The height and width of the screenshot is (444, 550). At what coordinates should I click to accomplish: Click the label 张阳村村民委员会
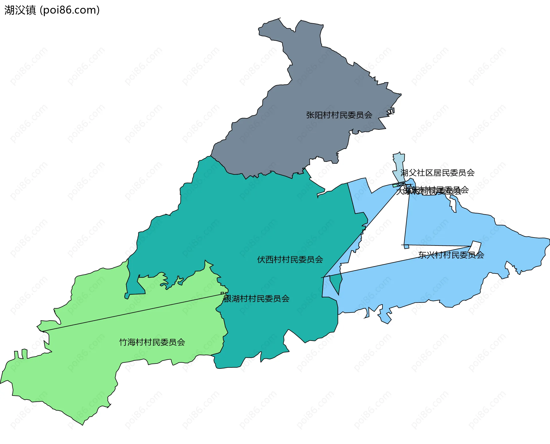point(339,115)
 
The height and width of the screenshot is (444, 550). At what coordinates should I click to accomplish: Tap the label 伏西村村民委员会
point(290,260)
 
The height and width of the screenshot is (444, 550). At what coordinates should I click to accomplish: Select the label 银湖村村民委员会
point(256,299)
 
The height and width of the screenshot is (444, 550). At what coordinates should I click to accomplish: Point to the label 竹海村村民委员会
point(152,342)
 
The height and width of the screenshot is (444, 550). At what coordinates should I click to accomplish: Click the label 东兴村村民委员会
point(451,255)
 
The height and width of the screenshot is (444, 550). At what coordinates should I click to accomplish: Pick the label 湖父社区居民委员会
point(437,173)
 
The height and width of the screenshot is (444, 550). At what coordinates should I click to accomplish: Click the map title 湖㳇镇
point(20,10)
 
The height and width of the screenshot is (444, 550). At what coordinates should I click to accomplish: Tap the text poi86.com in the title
point(70,10)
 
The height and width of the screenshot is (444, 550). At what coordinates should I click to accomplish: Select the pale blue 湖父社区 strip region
point(399,166)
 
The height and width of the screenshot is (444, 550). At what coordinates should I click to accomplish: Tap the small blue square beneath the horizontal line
point(406,247)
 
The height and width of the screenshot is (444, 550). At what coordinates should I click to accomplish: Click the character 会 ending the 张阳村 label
point(368,115)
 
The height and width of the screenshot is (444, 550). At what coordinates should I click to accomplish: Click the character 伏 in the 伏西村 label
point(261,260)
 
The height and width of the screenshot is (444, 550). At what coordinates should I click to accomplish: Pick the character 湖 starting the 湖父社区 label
point(404,173)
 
